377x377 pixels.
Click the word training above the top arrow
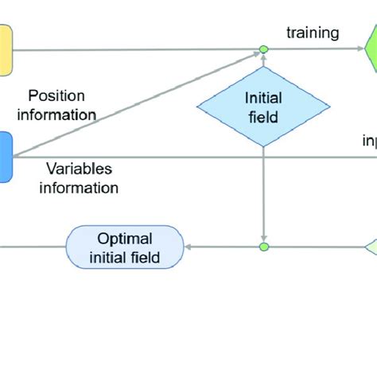coord(313,33)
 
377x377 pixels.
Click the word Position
coord(56,95)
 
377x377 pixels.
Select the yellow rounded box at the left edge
coord(5,49)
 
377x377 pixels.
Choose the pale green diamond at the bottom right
coord(371,247)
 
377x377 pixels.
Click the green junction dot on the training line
coord(264,49)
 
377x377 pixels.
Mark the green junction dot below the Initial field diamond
coord(264,247)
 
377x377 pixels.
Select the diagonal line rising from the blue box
coord(135,104)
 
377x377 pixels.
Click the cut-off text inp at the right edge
coord(369,141)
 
